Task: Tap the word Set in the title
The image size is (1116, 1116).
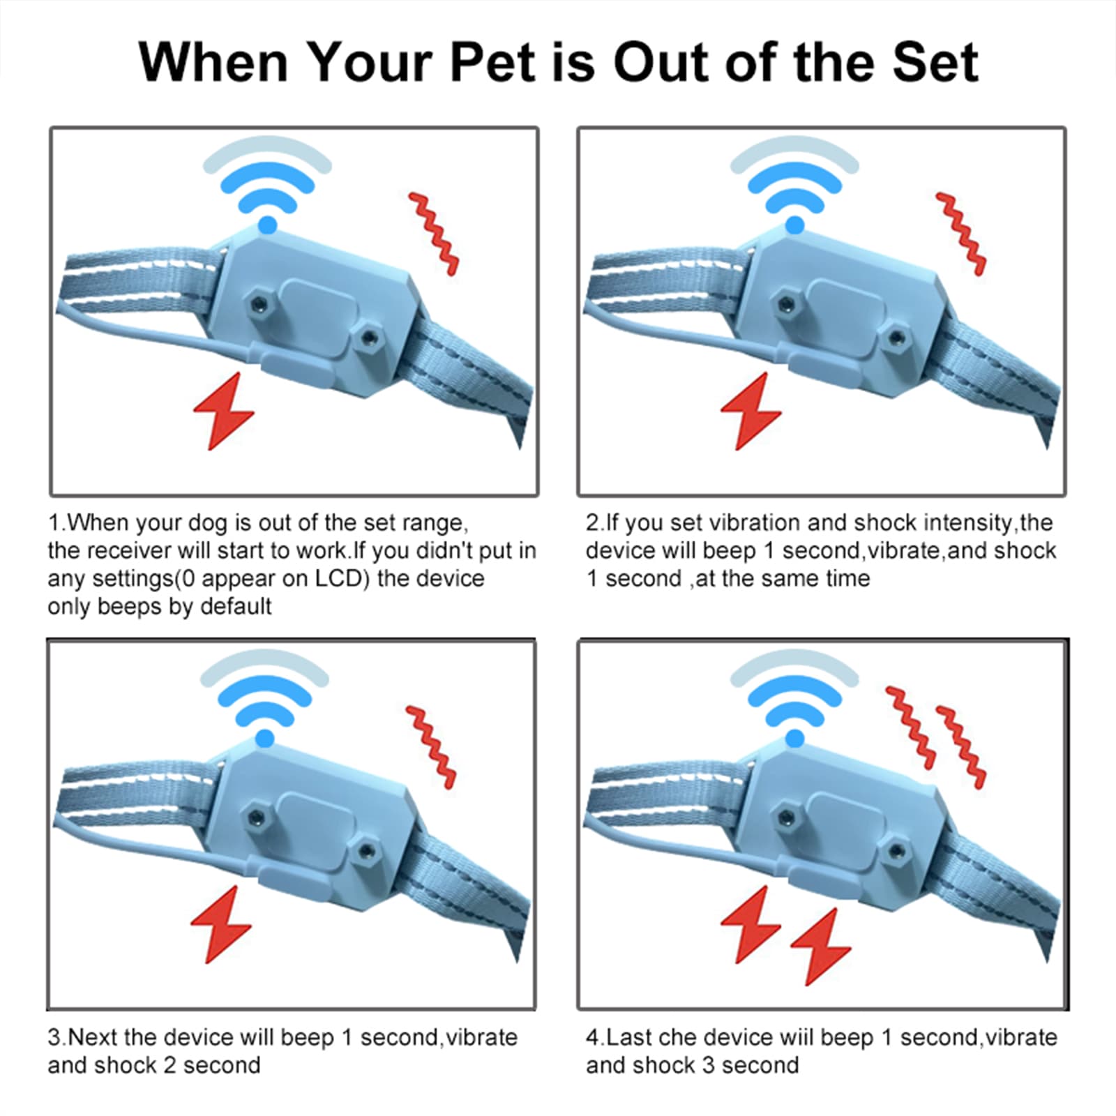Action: (937, 63)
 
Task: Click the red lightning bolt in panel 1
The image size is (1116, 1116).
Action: (223, 411)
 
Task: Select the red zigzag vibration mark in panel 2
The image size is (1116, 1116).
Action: (960, 234)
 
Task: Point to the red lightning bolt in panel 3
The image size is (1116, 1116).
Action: (220, 925)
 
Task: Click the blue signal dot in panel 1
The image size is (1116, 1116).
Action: (267, 225)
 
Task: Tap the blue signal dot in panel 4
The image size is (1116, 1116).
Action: (794, 738)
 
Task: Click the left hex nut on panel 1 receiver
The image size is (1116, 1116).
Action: (259, 303)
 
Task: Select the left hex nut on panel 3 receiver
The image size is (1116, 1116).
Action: (255, 814)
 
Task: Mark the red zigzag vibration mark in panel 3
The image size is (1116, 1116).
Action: (430, 747)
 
